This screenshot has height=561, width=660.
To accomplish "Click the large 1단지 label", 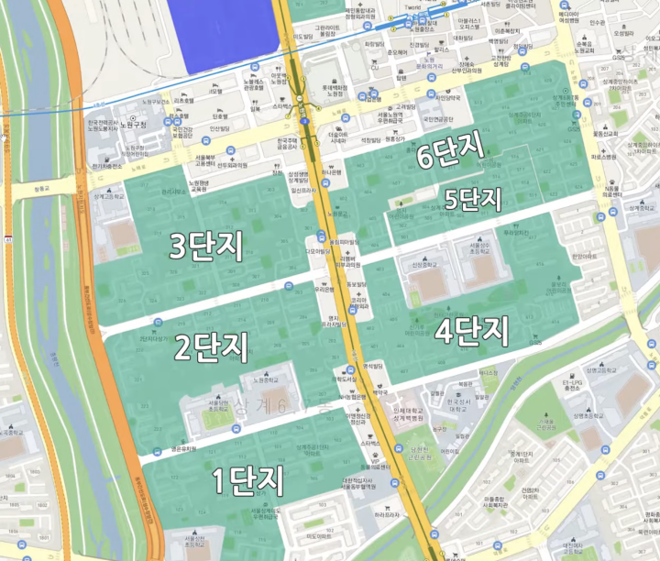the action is click(248, 480).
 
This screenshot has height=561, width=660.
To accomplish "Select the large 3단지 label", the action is click(206, 246).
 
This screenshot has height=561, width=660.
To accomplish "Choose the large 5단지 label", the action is click(474, 198).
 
